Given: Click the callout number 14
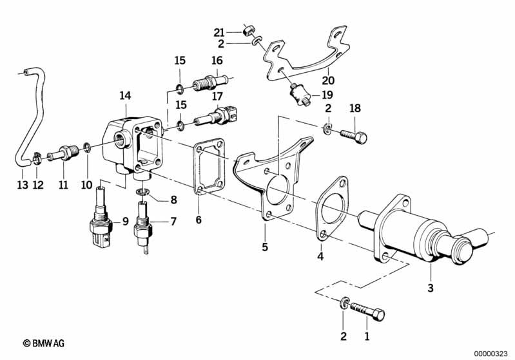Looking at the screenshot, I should (x=125, y=95).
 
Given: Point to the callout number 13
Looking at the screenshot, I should (x=23, y=185).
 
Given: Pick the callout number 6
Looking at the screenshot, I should (x=199, y=220).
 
